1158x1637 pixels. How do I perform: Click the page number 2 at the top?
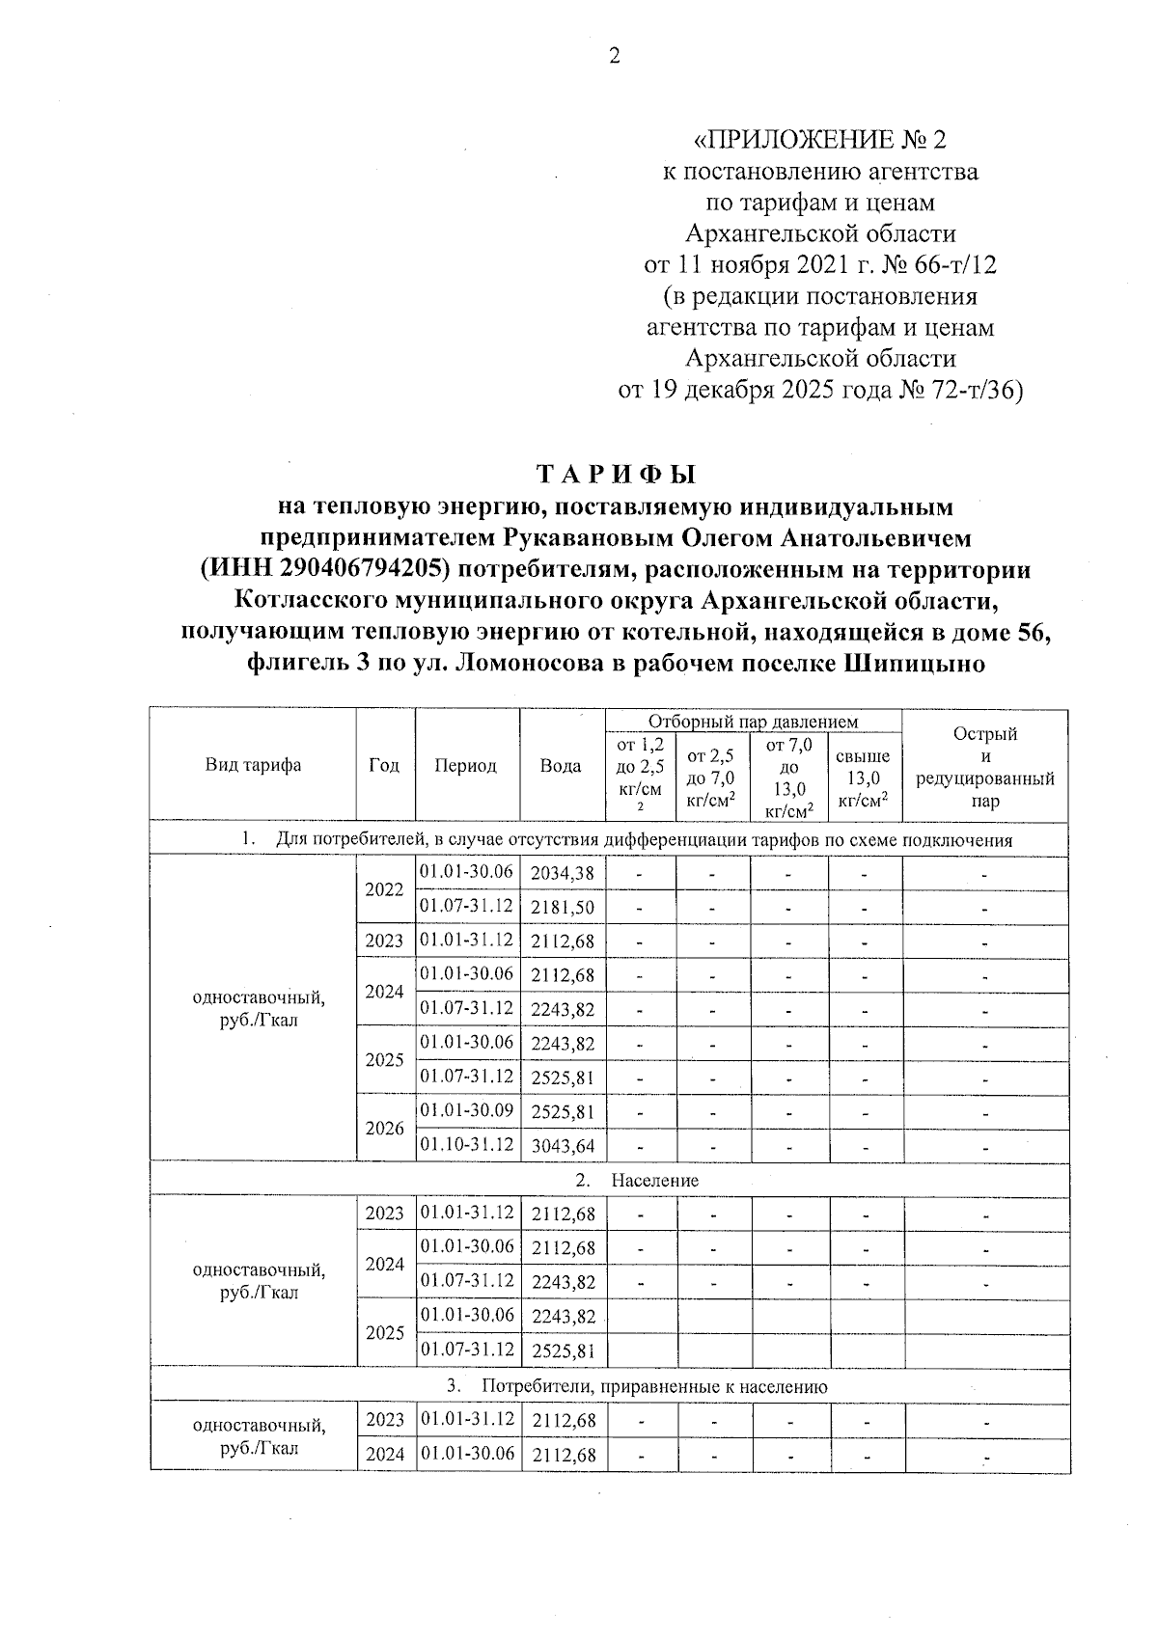tap(614, 55)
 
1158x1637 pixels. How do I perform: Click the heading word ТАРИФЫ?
tap(616, 475)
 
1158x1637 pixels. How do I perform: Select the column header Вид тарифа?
tap(253, 765)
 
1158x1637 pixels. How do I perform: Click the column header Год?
tap(384, 765)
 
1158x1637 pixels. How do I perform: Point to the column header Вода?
tap(561, 765)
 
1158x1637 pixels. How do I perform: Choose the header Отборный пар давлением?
tap(753, 721)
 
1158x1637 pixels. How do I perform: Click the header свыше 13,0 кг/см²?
tap(864, 778)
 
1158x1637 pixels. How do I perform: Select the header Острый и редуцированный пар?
tap(984, 766)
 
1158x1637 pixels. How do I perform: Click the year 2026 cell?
tap(384, 1128)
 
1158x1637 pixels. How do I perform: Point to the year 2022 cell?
tap(384, 889)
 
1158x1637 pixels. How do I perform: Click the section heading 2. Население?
tap(637, 1180)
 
